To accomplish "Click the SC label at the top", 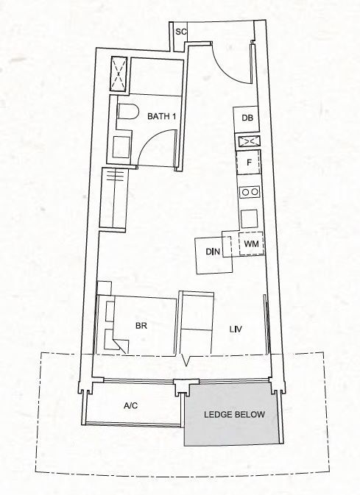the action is tap(181, 32).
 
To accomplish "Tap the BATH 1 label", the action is tap(161, 116).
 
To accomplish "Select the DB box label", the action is tap(247, 118).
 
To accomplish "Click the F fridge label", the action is tap(249, 163).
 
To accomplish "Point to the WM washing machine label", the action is tap(251, 243).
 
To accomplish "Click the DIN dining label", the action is tap(213, 252).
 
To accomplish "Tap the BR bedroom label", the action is tap(141, 326).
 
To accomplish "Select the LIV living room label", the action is tap(236, 330).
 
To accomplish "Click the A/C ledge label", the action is tap(130, 406).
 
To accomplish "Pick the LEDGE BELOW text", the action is tap(234, 415).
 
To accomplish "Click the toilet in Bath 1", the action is tap(128, 112).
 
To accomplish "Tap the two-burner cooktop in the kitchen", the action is tap(250, 192).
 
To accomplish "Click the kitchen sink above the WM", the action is tap(250, 218).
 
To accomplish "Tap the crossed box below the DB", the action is tap(249, 141).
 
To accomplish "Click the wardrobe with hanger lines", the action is tap(113, 198).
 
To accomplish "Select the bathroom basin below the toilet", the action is tap(121, 147).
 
